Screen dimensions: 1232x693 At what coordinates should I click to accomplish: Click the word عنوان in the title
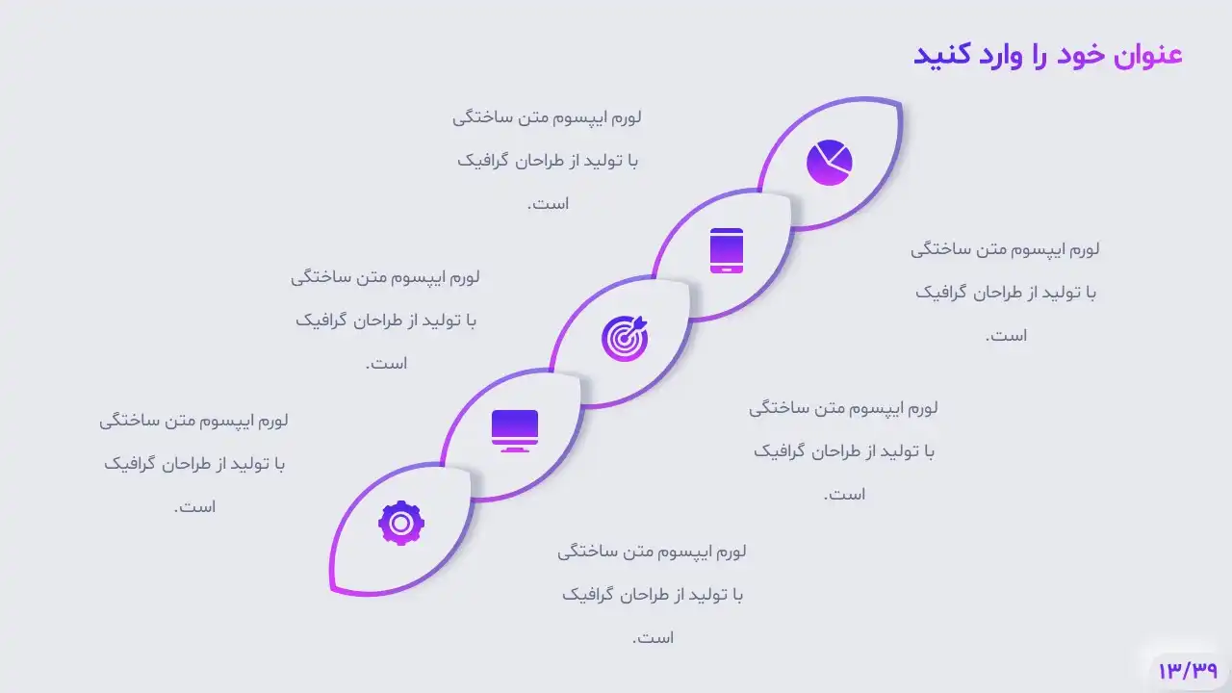[x=1148, y=55]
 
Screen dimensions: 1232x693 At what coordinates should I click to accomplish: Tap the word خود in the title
[x=1081, y=55]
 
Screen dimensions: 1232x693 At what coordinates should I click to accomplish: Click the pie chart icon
[x=830, y=163]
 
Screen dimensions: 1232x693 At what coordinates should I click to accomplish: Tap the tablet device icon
[x=727, y=251]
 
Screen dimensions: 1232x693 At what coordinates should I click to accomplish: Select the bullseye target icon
[x=625, y=338]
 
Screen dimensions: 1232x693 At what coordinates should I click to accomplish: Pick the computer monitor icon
[x=515, y=431]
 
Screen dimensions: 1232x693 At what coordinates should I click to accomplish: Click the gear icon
[x=401, y=523]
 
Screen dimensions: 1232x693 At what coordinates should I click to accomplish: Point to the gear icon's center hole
[x=401, y=523]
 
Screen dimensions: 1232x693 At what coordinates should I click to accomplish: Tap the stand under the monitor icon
[x=515, y=449]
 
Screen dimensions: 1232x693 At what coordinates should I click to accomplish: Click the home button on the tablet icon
[x=727, y=269]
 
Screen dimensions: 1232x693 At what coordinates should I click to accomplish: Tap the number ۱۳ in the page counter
[x=1170, y=671]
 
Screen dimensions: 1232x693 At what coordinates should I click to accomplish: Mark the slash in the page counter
[x=1188, y=671]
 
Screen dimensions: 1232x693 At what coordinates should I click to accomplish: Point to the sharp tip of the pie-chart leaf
[x=900, y=102]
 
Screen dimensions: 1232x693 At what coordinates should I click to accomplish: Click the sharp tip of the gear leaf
[x=332, y=591]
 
